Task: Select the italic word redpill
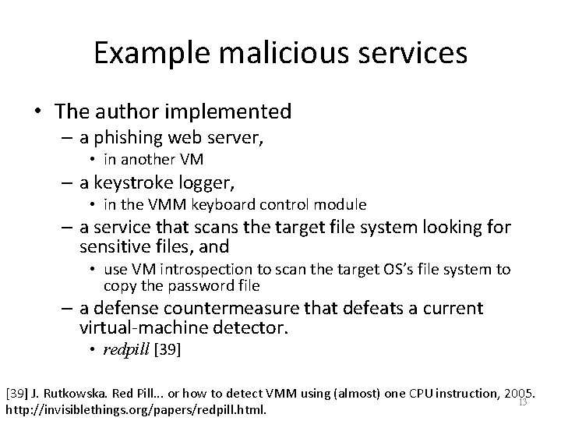click(x=128, y=350)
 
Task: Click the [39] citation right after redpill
click(x=168, y=350)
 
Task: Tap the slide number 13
click(x=523, y=402)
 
